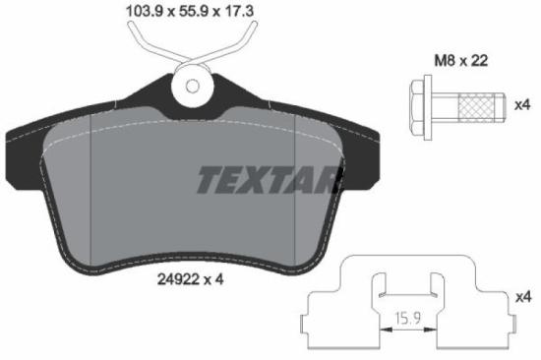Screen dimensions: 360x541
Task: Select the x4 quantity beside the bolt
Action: point(525,102)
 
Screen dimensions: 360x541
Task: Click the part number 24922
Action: point(179,278)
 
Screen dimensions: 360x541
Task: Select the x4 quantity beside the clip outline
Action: point(525,296)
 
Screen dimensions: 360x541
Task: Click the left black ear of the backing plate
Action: point(19,148)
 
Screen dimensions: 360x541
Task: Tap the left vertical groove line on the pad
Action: point(90,187)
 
